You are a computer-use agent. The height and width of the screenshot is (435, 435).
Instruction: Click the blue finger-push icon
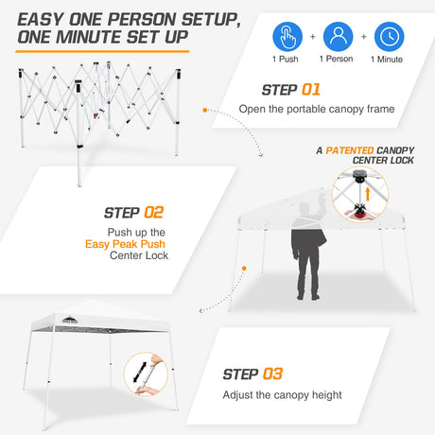coord(287,37)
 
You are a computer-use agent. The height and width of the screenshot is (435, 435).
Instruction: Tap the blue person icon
coord(339,37)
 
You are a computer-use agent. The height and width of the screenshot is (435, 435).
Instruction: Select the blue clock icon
coord(389,37)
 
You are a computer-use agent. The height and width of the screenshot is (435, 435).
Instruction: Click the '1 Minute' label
coord(387,60)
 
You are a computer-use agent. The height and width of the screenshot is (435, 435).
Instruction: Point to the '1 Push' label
coord(286,59)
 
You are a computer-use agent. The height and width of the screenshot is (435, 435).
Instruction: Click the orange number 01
coord(311,90)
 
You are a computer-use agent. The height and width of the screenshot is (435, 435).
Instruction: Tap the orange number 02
coord(154,213)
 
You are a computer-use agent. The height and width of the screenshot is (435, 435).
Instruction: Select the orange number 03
coord(272,374)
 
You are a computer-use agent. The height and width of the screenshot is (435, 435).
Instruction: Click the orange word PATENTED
coord(350,150)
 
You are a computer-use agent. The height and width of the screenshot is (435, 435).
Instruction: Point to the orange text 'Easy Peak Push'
coord(125,244)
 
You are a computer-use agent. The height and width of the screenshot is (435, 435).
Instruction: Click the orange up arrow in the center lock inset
coord(368,194)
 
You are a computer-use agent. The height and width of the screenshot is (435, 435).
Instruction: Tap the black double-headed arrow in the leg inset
coord(140,373)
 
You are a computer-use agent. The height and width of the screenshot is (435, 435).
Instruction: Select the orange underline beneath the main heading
coord(102,51)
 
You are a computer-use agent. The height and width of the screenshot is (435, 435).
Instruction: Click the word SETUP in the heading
coord(211,20)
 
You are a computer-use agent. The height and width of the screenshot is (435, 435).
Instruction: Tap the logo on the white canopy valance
coord(69,321)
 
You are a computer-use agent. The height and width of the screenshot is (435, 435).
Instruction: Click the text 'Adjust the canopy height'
coord(282,395)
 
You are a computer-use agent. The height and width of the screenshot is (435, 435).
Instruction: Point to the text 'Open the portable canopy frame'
coord(317,109)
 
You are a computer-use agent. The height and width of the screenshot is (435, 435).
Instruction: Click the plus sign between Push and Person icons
coord(313,37)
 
